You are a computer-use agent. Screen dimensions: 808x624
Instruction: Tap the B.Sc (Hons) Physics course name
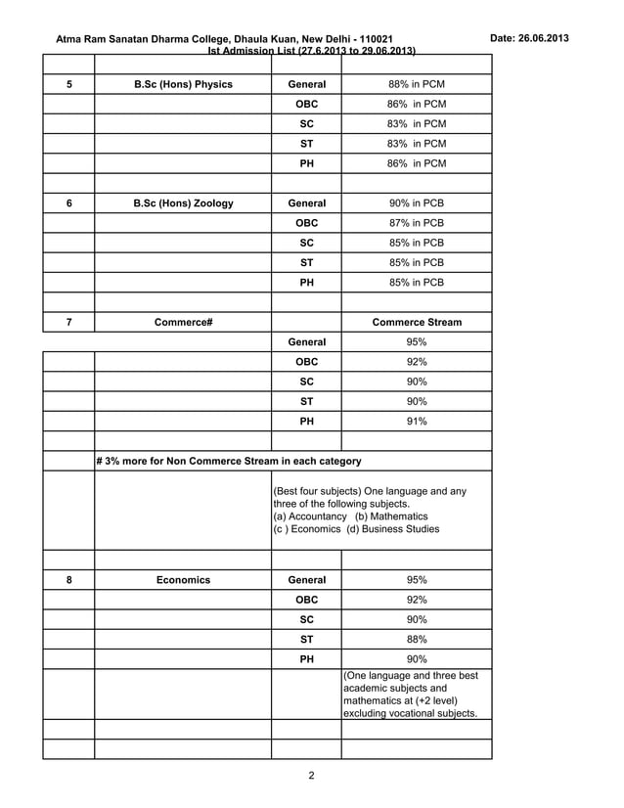tap(183, 84)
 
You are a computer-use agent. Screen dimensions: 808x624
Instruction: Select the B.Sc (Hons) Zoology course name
tap(183, 203)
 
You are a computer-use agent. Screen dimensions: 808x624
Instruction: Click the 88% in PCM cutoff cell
tap(416, 84)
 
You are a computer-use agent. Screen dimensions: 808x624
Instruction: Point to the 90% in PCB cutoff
tap(416, 203)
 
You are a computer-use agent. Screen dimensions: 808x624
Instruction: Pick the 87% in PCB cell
tap(416, 223)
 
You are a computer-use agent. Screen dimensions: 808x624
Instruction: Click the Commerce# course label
tap(183, 322)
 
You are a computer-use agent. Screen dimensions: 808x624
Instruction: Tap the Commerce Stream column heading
tap(417, 322)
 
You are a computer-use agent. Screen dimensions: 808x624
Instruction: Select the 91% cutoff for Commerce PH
tap(416, 422)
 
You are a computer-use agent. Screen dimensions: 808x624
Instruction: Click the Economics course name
tap(183, 580)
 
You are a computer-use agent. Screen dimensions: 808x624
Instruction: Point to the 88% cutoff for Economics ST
tap(416, 640)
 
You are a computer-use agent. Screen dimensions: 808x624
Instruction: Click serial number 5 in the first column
tap(68, 84)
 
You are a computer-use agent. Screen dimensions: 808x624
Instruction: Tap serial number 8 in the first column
tap(68, 580)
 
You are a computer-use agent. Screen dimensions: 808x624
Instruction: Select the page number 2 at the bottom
tap(311, 777)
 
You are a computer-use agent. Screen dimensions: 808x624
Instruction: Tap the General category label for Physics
tap(306, 84)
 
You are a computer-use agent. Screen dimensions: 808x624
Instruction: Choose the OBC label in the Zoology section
tap(306, 223)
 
